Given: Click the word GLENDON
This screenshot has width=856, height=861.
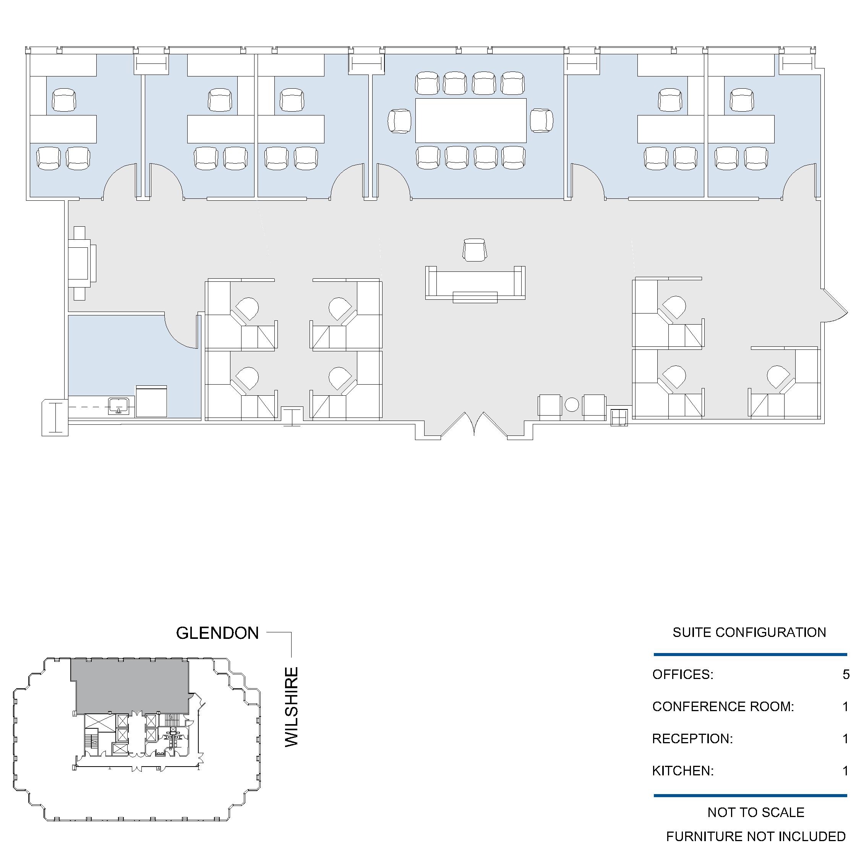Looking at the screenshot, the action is click(x=217, y=633).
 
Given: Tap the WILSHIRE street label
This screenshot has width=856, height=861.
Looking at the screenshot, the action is click(x=291, y=707).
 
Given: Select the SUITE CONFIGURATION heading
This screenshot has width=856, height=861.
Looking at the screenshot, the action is click(x=749, y=632).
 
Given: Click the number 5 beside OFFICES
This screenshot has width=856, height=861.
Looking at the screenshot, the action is click(x=846, y=674).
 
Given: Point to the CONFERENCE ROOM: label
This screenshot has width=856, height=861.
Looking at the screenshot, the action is click(x=723, y=707).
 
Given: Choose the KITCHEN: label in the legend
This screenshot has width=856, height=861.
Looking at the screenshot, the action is click(x=683, y=770).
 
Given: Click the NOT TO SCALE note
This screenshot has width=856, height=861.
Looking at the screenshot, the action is click(x=756, y=812).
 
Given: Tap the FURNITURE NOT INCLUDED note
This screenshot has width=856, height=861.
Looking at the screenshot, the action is click(x=756, y=837).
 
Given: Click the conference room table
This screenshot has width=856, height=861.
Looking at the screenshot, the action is click(x=471, y=120).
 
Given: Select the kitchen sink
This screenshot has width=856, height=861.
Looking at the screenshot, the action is click(x=119, y=406).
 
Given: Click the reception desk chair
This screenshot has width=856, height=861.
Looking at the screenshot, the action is click(x=475, y=250).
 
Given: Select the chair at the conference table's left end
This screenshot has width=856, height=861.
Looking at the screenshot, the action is click(x=399, y=121).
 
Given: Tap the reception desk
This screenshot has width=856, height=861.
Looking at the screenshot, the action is click(x=475, y=284).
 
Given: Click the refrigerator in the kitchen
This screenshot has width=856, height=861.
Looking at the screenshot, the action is click(x=151, y=401).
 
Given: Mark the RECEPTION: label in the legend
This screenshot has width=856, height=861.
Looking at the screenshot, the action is click(x=692, y=738).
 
